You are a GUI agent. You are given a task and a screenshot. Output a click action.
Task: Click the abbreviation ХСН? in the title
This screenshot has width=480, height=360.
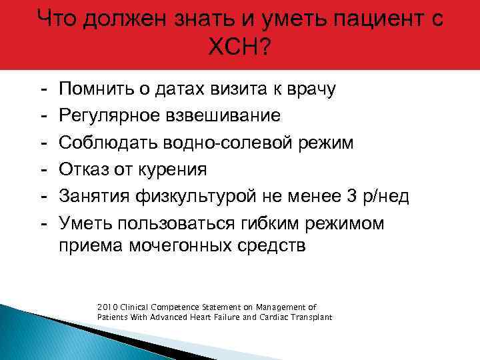(240, 48)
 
